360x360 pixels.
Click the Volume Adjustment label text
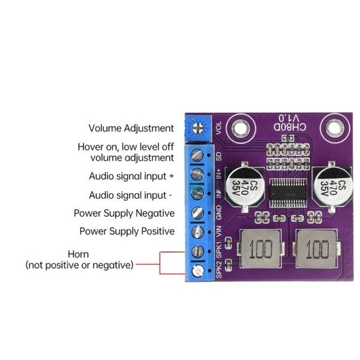131,128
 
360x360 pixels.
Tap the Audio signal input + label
131,176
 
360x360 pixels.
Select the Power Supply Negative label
124,213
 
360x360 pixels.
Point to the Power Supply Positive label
127,231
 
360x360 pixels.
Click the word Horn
78,254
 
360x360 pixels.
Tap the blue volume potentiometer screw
198,128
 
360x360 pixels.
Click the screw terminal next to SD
197,155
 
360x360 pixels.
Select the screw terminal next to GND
197,213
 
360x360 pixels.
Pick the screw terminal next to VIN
197,232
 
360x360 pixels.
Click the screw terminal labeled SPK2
198,271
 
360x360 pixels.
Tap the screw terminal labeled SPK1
197,251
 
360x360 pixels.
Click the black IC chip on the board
288,193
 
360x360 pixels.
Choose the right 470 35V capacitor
332,186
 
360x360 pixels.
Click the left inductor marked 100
260,249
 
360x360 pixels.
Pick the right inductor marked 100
317,249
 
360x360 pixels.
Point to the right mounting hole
335,128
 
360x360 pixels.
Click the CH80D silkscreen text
290,127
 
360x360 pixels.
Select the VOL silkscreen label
218,128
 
